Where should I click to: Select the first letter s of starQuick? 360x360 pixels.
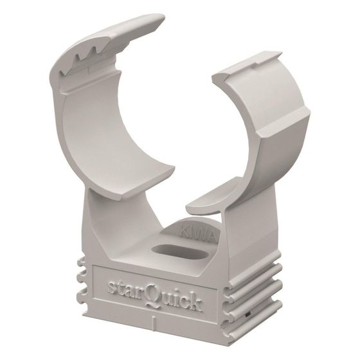point(112,287)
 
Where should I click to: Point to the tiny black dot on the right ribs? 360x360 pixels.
point(248,314)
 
